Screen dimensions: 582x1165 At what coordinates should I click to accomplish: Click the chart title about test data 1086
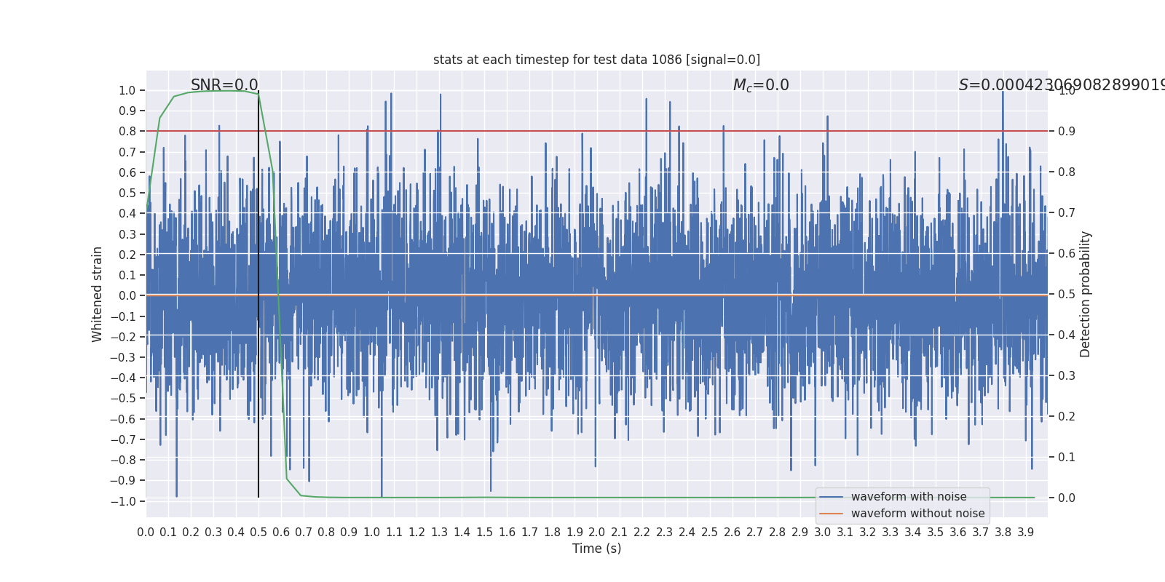coord(596,60)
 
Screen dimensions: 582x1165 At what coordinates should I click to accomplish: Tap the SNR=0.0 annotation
coord(224,85)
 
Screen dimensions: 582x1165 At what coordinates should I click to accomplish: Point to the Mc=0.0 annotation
coord(761,85)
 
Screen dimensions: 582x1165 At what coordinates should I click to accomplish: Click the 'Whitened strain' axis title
coord(98,294)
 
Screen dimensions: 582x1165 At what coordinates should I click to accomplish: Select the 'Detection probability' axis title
coord(1086,294)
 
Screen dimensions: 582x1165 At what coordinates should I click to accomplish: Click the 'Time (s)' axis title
coord(596,549)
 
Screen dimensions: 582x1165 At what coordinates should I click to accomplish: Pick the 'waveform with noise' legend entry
coord(908,497)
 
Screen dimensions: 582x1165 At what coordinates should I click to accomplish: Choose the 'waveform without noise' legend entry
coord(917,514)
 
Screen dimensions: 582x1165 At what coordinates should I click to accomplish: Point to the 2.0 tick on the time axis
coord(597,533)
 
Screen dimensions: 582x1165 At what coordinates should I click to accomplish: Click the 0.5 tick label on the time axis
coord(258,533)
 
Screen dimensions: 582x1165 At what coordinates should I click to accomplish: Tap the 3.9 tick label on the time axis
coord(1025,533)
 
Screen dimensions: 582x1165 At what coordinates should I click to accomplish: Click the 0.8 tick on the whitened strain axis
coord(128,132)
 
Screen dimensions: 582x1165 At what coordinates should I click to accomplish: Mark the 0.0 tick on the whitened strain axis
coord(128,295)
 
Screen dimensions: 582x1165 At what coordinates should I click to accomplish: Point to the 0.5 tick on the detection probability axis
coord(1067,295)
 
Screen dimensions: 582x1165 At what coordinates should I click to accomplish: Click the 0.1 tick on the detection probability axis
coord(1067,458)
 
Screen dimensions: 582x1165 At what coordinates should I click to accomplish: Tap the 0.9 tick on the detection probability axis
coord(1067,132)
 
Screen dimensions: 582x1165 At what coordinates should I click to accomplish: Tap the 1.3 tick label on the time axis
coord(439,533)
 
